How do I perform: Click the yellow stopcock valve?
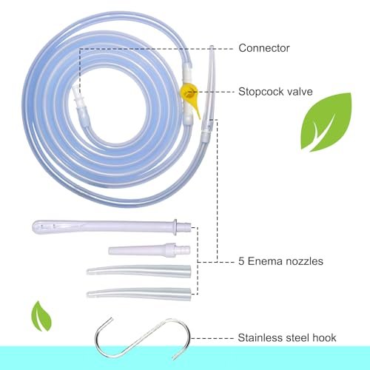(189, 95)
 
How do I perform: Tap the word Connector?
(264, 48)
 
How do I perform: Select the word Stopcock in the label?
(258, 92)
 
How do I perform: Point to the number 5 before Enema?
(241, 261)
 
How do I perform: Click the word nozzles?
(303, 261)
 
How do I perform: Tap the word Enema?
(264, 261)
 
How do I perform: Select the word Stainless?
(260, 337)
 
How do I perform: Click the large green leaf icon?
(326, 122)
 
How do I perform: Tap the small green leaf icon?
(41, 316)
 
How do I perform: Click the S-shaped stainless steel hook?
(143, 338)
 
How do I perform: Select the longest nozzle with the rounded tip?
(112, 226)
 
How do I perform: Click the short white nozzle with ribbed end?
(149, 250)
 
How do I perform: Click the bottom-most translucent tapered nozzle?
(139, 294)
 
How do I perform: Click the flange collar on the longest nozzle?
(175, 227)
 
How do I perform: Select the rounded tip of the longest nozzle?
(36, 226)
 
